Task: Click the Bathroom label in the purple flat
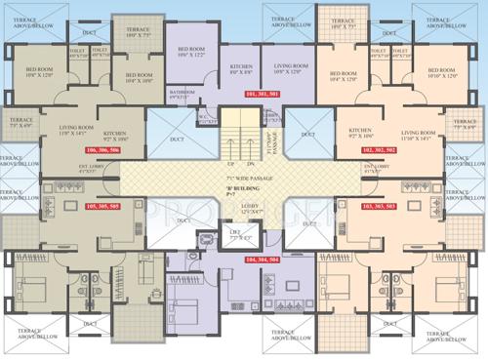(182, 94)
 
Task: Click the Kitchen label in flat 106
(114, 134)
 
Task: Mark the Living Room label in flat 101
(291, 69)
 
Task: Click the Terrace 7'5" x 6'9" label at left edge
(20, 125)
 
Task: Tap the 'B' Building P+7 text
(244, 191)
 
